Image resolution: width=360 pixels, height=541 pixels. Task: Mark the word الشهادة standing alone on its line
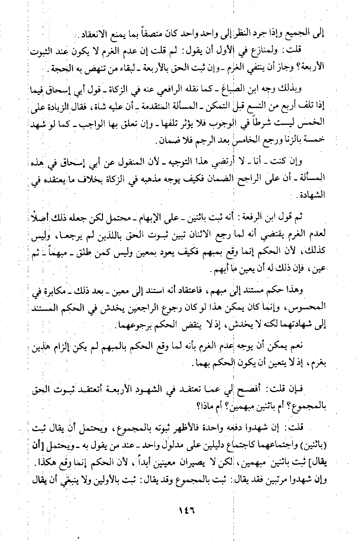313,195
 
